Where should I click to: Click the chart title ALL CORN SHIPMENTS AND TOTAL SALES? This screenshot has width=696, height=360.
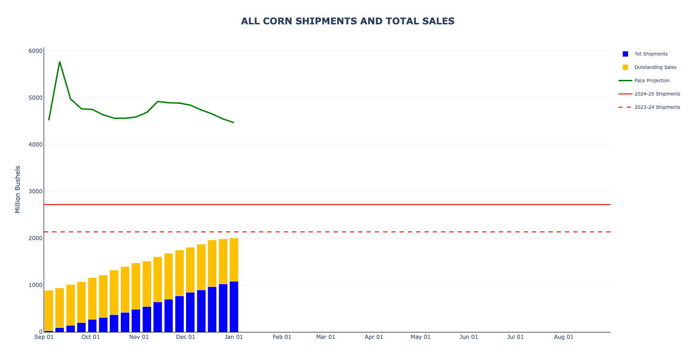pos(348,21)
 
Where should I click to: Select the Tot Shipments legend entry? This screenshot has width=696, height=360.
pos(651,54)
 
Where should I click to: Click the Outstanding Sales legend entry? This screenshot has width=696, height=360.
pos(655,67)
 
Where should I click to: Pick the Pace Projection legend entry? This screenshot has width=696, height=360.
pos(652,81)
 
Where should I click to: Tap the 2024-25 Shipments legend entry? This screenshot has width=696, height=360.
pos(657,94)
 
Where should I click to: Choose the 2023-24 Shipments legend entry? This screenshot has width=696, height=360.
pos(657,107)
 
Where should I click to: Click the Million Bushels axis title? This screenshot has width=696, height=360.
pos(18,189)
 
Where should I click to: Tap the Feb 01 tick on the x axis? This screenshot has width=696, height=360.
pos(282,337)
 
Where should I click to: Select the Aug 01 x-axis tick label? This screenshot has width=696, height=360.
pos(563,337)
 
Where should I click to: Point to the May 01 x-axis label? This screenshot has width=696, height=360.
pos(420,337)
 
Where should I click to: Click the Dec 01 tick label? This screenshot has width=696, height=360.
pos(186,337)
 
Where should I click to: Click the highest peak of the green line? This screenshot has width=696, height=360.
pos(60,62)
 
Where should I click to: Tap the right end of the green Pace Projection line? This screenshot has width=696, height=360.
pos(233,123)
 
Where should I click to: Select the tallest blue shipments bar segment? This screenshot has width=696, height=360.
pos(234,307)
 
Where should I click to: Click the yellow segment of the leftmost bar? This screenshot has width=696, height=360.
pos(49,310)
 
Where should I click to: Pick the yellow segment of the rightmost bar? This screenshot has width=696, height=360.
pos(234,259)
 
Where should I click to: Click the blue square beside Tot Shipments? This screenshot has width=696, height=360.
pos(625,54)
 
